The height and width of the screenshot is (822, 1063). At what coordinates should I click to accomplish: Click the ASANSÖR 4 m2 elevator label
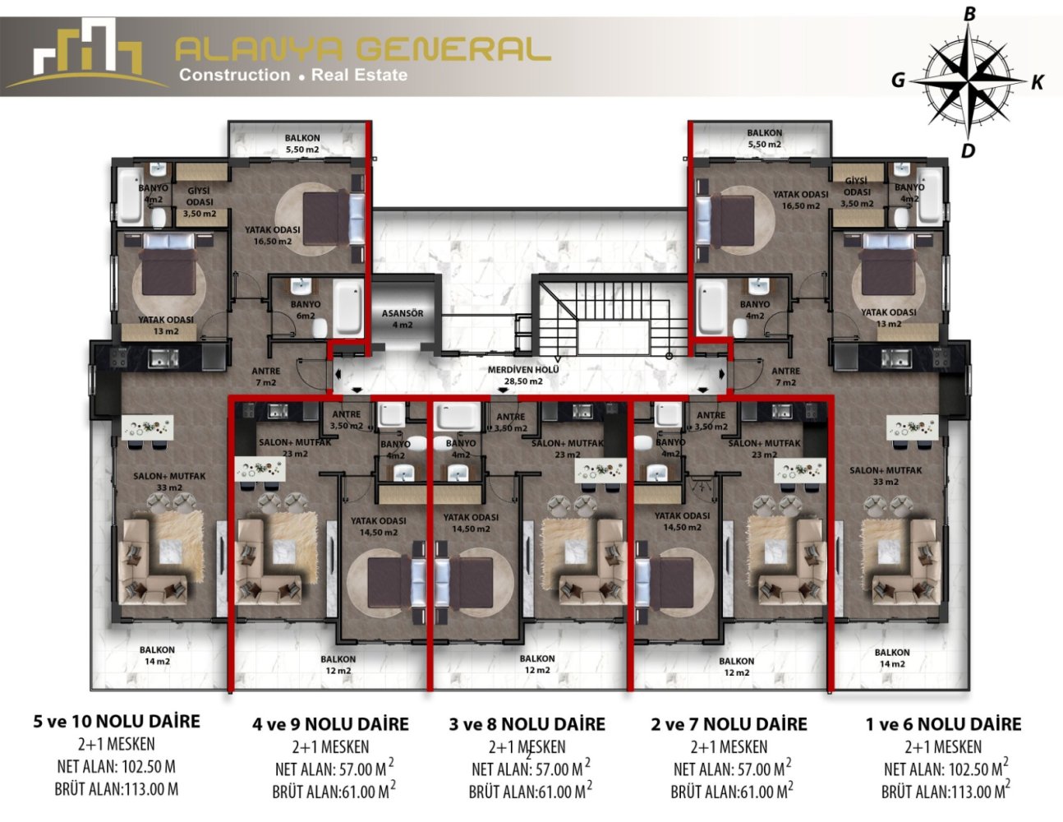point(402,319)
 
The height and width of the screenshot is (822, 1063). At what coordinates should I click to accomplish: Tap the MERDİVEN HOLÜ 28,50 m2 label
point(523,376)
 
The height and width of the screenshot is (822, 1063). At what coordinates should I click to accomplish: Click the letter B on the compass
point(969,15)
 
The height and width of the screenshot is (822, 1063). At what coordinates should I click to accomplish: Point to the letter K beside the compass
point(1037,82)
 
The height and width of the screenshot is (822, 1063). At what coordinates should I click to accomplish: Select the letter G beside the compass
point(898,80)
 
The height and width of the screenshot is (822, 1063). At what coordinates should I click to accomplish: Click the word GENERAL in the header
point(457,49)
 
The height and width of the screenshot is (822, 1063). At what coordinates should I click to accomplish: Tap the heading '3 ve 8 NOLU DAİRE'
point(527,723)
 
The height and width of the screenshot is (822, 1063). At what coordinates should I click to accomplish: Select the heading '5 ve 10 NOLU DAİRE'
point(117,721)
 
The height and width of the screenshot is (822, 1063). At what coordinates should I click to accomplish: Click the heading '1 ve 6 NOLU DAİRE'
point(943,723)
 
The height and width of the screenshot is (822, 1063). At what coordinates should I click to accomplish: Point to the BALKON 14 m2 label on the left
point(157,656)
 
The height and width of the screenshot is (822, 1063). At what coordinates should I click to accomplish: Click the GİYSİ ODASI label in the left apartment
point(199,201)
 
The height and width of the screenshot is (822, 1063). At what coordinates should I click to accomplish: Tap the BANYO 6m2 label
point(306,310)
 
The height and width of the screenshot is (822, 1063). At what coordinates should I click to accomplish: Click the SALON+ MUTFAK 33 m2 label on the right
point(886,476)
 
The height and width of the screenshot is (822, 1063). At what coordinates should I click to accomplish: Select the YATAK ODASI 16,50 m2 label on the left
point(273,235)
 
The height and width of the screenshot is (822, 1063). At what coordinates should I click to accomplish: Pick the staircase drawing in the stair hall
point(605,316)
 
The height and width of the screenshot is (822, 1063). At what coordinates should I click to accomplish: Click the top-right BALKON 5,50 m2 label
point(764,138)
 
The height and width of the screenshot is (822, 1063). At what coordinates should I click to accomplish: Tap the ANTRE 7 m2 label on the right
point(785,376)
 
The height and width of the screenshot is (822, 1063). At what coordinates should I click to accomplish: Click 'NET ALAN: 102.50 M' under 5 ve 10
point(116,766)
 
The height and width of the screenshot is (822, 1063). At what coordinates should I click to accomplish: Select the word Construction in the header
point(234,75)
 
